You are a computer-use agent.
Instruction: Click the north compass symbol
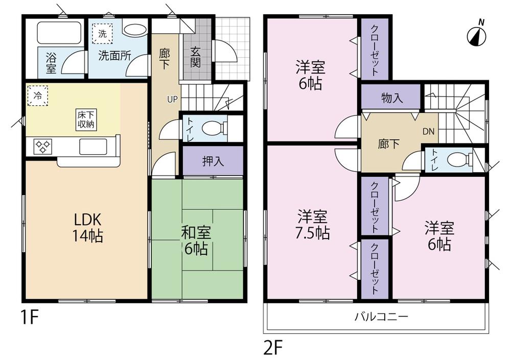477,34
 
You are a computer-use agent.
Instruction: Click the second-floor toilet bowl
456,160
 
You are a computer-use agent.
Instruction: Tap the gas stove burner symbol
43,147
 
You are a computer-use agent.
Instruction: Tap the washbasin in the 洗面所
134,30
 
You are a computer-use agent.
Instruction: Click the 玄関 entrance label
196,56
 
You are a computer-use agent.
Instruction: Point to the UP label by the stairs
172,99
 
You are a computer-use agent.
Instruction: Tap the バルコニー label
381,317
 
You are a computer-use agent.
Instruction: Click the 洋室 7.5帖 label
313,225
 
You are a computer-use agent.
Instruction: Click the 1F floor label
30,318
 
